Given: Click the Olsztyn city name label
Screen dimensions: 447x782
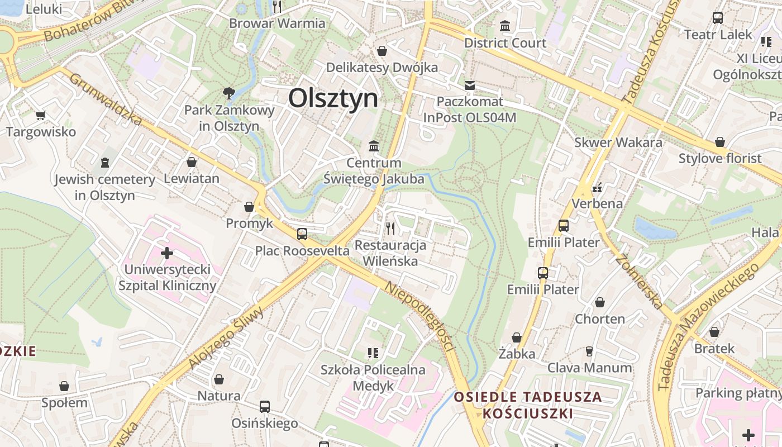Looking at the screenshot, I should pos(333,98).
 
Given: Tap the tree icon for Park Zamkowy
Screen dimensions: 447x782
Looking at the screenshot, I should pos(228,93).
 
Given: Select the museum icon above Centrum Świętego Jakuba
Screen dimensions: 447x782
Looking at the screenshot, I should pos(374,146).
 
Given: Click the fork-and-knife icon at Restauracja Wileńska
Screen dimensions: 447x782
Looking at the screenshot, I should pos(390,228).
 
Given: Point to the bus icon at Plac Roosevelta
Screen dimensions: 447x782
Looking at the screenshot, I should pos(302,234).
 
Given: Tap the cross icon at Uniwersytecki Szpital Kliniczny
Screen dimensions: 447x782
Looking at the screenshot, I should pos(167,253).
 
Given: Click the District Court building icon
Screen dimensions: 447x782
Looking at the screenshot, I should pos(505,26).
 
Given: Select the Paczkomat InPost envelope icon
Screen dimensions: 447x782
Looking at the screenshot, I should pos(469,85).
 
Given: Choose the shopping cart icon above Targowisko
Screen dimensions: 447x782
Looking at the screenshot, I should pos(40,116).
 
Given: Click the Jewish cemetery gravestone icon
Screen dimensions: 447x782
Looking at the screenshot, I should pos(104,163).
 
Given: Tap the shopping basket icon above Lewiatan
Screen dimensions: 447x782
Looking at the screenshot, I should pos(192,162).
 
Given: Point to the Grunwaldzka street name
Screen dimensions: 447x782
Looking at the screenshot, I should pos(106,99).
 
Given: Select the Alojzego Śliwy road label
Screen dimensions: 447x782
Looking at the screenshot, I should pos(226,338).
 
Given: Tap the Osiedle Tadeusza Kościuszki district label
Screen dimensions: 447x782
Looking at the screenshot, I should pos(528,405).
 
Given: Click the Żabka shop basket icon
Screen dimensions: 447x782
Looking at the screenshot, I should pos(517,337).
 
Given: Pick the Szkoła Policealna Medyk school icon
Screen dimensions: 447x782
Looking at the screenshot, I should pos(373,353).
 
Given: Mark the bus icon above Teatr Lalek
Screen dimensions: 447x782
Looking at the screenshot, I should pos(718,17).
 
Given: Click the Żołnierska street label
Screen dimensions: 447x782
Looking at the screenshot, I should pos(640,282).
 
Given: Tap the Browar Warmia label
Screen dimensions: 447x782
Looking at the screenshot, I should pos(277,23).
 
